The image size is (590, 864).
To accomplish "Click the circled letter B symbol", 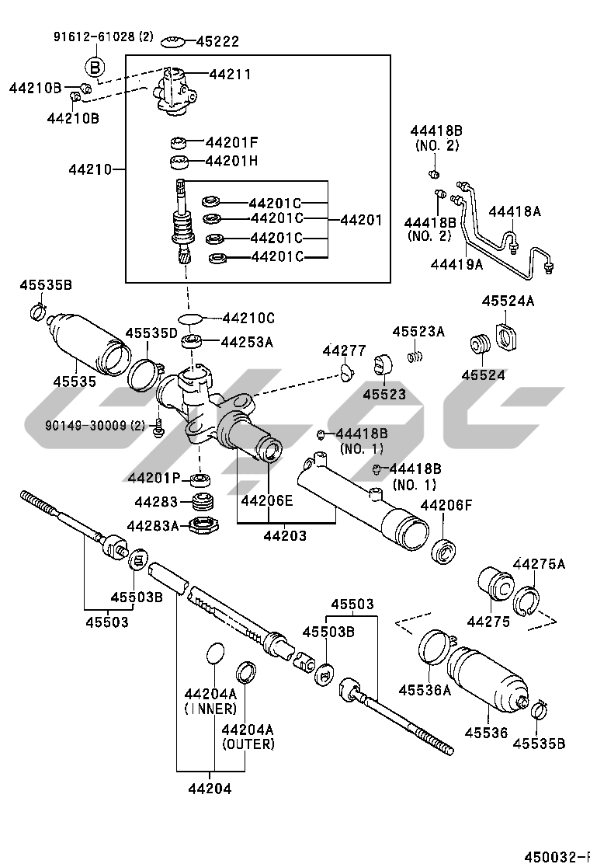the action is point(94,68).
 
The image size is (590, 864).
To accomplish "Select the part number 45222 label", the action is point(218,41).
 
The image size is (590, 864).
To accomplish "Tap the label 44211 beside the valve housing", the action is point(230,74).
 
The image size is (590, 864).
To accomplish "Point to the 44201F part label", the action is point(231,142).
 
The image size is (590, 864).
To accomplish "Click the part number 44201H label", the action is point(231,161).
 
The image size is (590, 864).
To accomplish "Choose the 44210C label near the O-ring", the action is point(248,318).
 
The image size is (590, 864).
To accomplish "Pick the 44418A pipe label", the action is point(515,211).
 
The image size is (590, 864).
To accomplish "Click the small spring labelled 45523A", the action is point(415,355).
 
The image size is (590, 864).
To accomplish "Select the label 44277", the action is point(344,350).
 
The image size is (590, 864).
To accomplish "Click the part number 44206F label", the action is point(446,505).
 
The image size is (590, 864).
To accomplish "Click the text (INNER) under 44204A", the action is point(211,709).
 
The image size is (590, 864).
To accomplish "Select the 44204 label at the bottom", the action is point(210,789).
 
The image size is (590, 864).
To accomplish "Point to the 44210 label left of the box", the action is point(90,169).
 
